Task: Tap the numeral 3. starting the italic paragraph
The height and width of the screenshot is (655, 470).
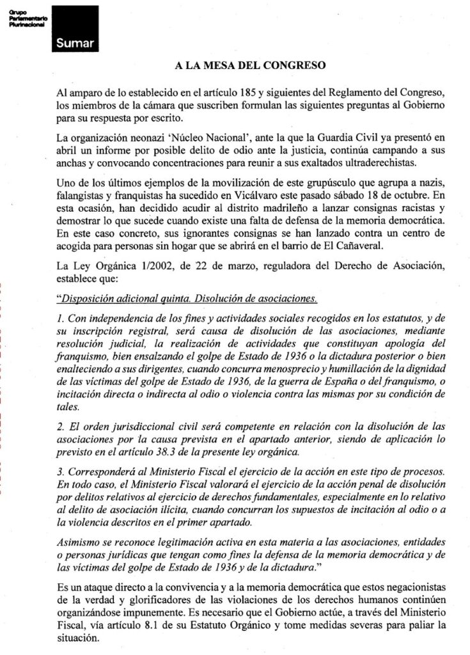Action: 61,470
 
